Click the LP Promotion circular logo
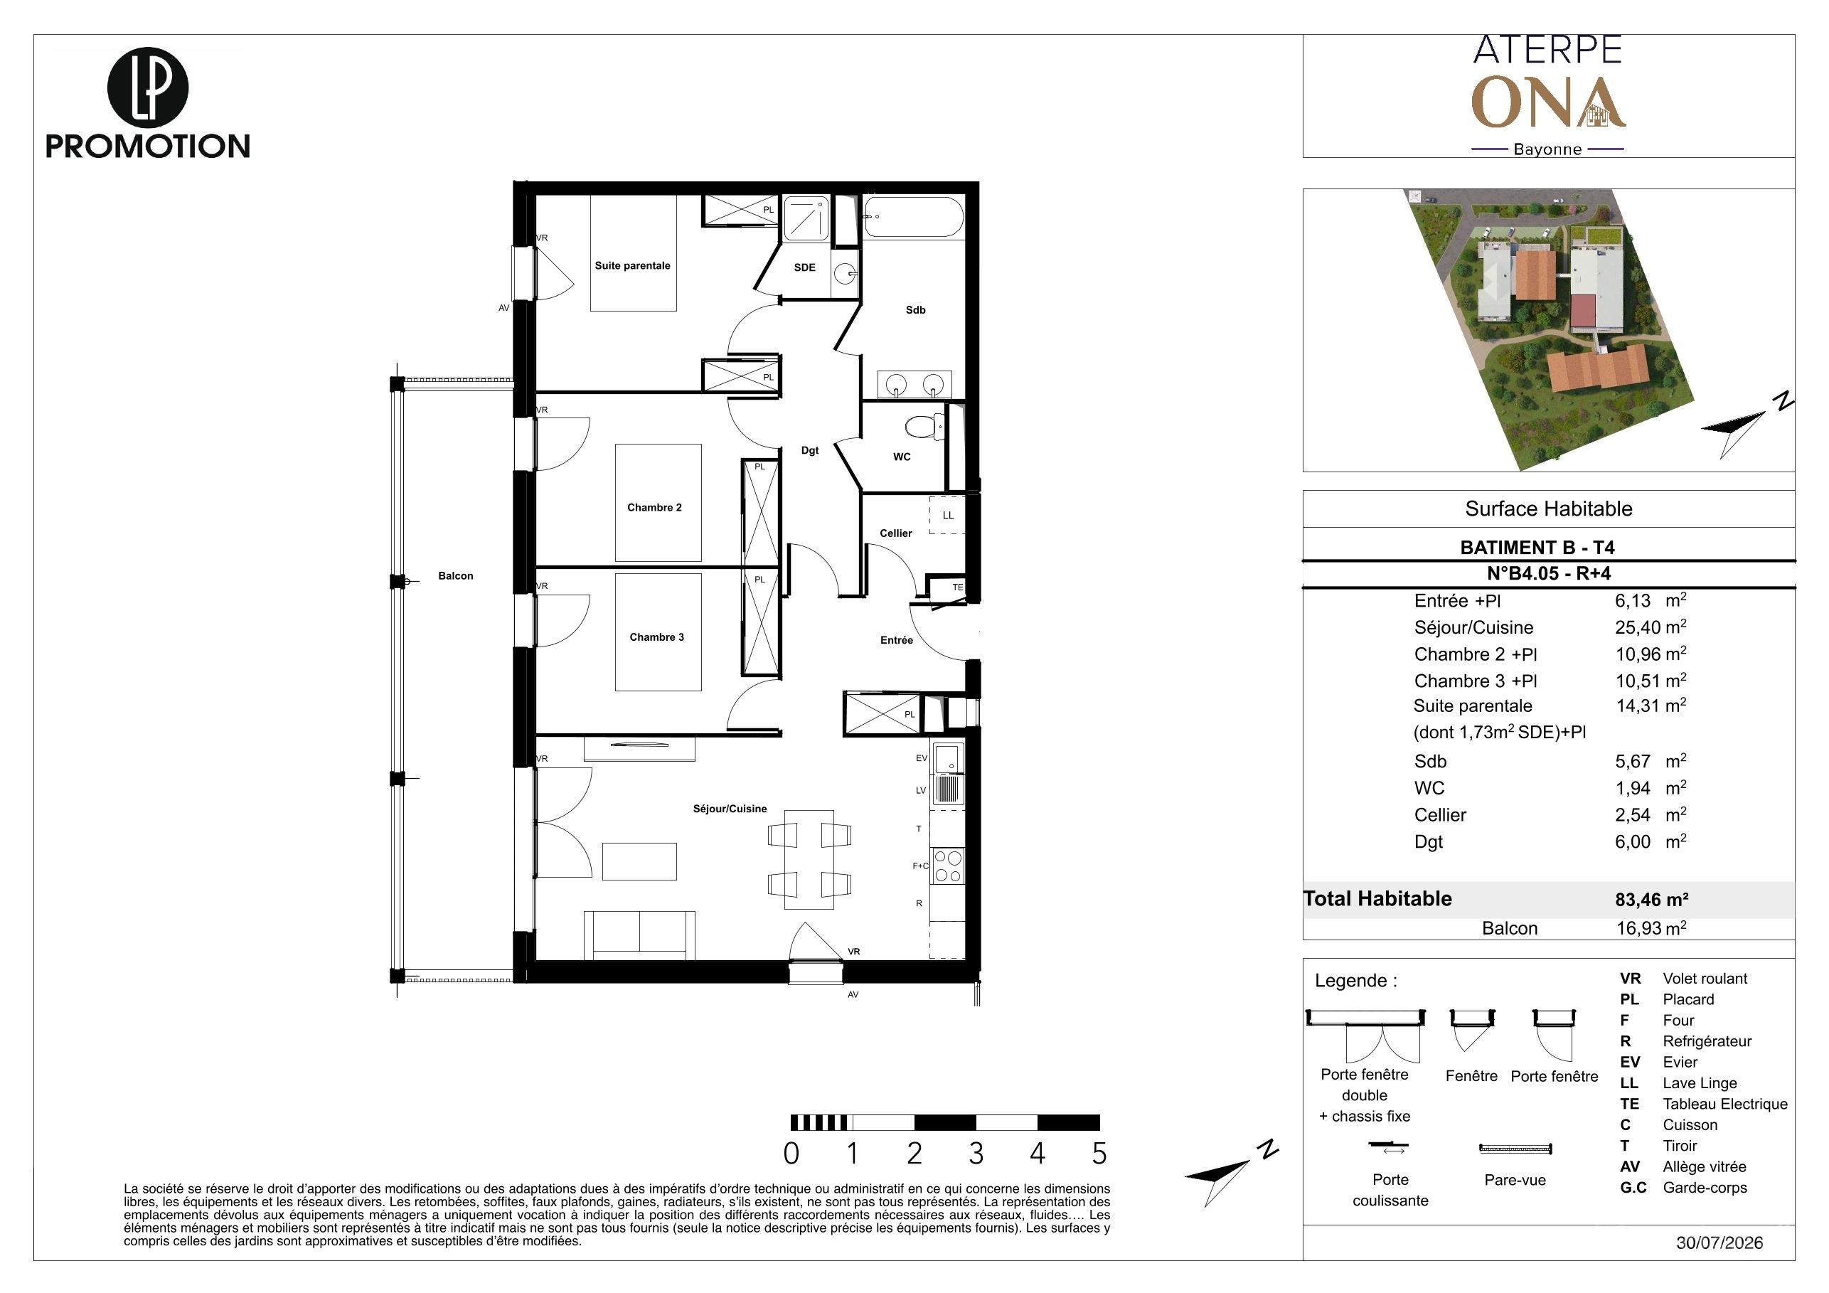147,87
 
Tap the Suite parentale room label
632,265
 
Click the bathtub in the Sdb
914,217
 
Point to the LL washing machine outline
947,515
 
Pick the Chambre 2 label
654,508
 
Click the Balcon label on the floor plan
456,576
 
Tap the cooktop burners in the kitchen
947,866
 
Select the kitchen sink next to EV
947,757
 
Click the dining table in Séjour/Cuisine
809,860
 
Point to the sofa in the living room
640,935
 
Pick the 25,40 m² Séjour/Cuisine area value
1651,627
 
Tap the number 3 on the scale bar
976,1154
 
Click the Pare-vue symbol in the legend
1515,1149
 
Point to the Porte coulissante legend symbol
1389,1147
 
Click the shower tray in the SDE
806,218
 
